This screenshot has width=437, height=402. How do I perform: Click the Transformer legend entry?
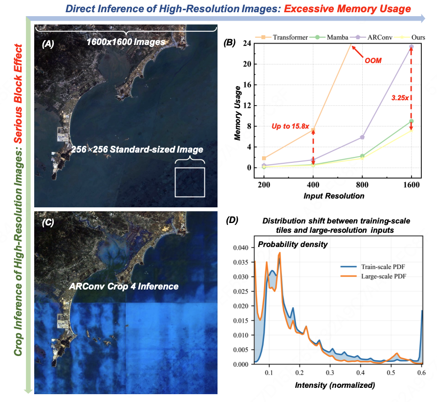point(288,37)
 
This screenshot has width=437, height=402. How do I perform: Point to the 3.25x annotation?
point(400,98)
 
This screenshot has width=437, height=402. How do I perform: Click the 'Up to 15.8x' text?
point(290,126)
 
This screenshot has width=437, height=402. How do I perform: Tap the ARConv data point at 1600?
point(412,47)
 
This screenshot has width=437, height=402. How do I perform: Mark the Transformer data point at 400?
point(313,130)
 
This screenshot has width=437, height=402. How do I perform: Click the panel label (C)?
point(48,222)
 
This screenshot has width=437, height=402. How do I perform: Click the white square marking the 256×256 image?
point(190,182)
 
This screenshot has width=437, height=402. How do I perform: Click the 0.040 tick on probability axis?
point(242,247)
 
